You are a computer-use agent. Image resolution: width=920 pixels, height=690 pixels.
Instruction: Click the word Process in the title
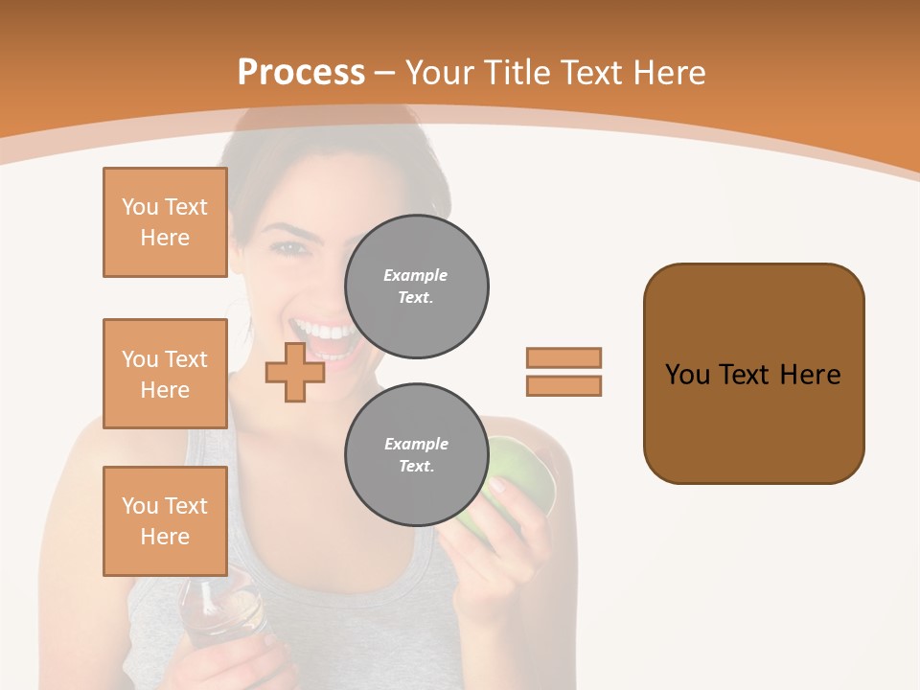click(x=301, y=72)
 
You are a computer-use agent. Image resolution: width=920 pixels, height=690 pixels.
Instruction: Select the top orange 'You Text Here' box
click(x=165, y=222)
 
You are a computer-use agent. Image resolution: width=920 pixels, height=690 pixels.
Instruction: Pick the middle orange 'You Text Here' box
click(x=165, y=374)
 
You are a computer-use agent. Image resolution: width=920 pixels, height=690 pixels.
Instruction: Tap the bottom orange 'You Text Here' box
click(x=165, y=520)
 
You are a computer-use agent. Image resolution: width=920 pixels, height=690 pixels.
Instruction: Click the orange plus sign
click(x=294, y=372)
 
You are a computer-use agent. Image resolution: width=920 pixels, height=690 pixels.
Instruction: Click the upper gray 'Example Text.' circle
click(x=416, y=287)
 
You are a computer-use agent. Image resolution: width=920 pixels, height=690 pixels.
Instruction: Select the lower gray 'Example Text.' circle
click(x=416, y=455)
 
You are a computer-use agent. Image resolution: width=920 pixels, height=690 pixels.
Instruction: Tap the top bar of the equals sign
click(x=563, y=357)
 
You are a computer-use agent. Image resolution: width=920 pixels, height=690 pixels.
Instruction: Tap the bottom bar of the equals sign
click(x=563, y=385)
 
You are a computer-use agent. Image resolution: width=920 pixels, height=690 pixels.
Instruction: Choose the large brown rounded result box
click(x=753, y=373)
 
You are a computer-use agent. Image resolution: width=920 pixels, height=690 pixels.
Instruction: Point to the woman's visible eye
click(x=288, y=247)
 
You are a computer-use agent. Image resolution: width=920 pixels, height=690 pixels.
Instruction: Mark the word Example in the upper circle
click(x=415, y=275)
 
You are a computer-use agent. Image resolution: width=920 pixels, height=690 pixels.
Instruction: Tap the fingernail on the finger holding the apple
click(x=496, y=486)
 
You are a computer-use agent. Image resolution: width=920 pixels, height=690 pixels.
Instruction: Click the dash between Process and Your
click(x=385, y=73)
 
